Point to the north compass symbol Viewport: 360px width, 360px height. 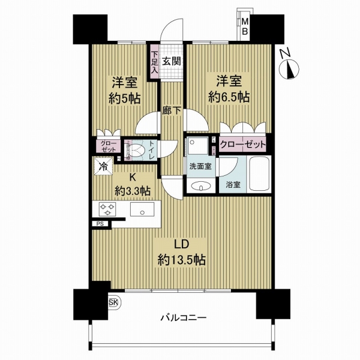(289, 67)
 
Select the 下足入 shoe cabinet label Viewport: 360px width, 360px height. (154, 62)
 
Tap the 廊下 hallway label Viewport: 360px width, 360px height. (172, 110)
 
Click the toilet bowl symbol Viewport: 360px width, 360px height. (137, 151)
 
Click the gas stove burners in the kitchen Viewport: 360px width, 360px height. (109, 210)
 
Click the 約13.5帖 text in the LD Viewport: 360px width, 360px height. (182, 260)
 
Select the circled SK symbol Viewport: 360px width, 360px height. (113, 302)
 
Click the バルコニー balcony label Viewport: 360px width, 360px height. (183, 318)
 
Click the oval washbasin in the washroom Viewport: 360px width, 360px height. (199, 187)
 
